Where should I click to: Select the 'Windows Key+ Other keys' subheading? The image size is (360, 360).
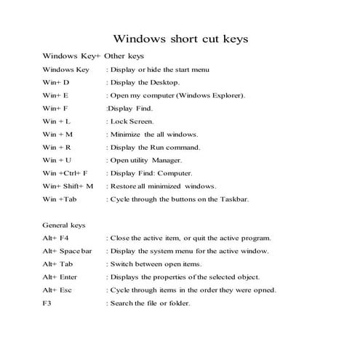(x=93, y=55)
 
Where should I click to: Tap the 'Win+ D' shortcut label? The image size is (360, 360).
(x=56, y=82)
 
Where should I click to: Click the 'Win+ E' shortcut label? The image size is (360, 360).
(x=55, y=95)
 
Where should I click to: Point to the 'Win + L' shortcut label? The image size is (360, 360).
(x=57, y=121)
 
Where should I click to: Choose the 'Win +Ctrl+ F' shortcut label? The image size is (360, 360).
(x=65, y=173)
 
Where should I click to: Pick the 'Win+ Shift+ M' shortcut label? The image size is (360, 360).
(x=68, y=186)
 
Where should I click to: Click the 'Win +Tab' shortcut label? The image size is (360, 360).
(x=60, y=199)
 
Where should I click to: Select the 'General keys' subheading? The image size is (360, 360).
(x=64, y=225)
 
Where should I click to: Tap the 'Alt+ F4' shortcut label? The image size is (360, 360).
(x=55, y=238)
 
